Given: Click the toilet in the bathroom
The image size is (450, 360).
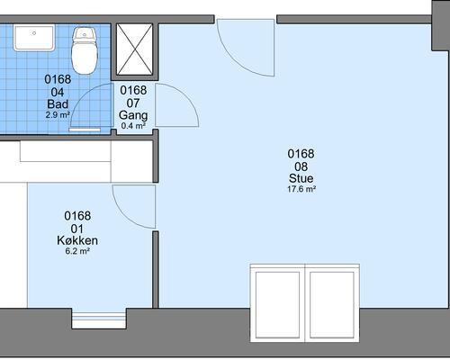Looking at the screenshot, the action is point(85,51).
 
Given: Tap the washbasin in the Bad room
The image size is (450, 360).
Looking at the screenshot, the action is point(34,38).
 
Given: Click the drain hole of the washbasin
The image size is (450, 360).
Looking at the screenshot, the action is point(34,33).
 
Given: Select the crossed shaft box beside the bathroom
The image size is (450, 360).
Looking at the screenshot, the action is point(134,49).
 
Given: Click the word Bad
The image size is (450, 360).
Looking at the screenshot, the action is point(58,104).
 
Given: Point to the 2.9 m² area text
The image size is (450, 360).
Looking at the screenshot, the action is point(58,114).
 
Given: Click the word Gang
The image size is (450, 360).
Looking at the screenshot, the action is point(133,115).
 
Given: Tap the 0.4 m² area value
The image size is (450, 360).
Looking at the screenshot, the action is point(133,126).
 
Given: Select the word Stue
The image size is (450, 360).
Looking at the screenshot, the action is point(301,178).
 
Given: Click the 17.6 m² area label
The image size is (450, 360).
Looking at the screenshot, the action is point(301,189).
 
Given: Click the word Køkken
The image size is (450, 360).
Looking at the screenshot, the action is point(77,240).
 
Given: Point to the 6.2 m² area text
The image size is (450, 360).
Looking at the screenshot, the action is point(77,251).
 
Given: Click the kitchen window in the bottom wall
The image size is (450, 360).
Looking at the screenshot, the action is point(99,320).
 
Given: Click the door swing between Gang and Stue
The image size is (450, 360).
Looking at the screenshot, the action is point(187,99).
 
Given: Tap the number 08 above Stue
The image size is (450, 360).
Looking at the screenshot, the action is point(301,166).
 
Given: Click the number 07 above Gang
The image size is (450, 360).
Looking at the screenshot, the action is point(133,103).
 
